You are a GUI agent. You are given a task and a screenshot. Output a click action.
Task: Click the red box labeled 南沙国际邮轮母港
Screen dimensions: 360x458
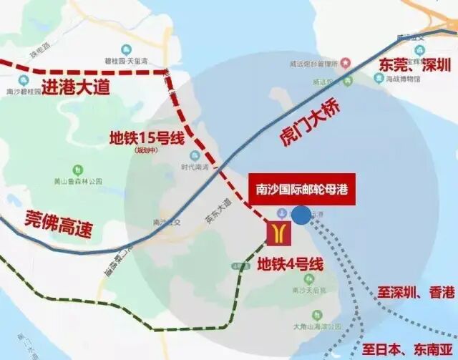coord(306,190)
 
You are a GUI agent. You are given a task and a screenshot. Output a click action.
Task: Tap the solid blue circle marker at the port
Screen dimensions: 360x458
coord(301,214)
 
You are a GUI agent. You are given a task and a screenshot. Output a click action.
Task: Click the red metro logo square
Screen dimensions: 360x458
coord(276,233)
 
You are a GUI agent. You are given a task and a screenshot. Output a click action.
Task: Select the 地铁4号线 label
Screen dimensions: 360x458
coord(290,264)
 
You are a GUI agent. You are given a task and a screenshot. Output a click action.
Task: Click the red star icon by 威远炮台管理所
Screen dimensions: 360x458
coord(345,63)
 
